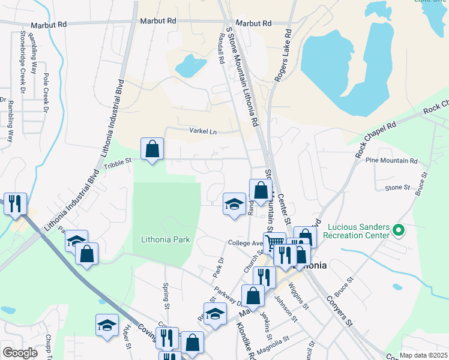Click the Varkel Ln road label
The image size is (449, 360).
(x=202, y=131)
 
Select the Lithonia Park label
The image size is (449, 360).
(x=165, y=239)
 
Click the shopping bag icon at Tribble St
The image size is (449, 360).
(x=152, y=148)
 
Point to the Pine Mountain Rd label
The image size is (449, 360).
(x=395, y=161)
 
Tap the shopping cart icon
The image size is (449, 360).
(x=274, y=242)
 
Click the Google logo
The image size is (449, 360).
(x=20, y=352)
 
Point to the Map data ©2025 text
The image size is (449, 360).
(x=424, y=355)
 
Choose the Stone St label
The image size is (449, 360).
(x=396, y=188)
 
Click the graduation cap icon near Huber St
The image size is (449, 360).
(x=107, y=325)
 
